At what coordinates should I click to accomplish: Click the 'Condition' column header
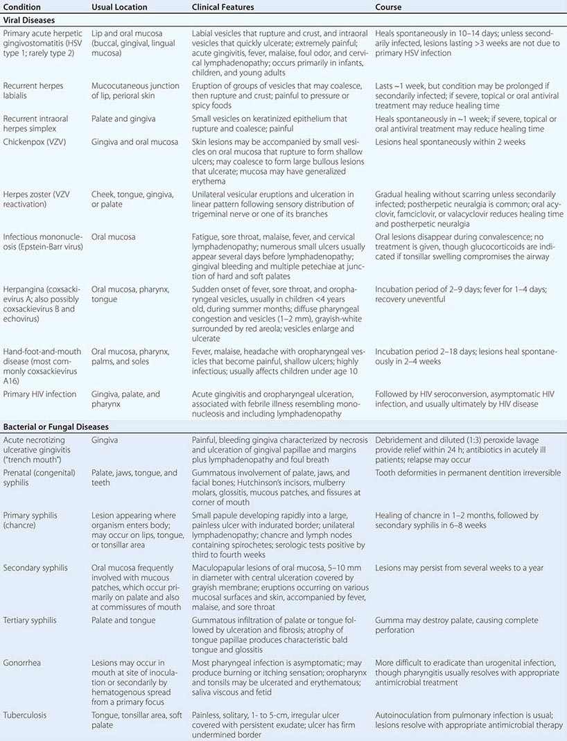click(22, 7)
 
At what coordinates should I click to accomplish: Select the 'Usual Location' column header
click(119, 7)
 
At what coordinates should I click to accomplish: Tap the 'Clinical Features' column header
click(223, 7)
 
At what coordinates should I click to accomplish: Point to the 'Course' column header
click(388, 7)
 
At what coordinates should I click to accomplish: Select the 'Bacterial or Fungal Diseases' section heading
click(56, 427)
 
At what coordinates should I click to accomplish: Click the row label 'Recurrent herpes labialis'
click(33, 91)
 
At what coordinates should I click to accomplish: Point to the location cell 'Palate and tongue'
click(123, 620)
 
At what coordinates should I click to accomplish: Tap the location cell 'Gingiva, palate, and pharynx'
click(125, 399)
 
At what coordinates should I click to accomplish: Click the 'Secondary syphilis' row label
click(35, 568)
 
